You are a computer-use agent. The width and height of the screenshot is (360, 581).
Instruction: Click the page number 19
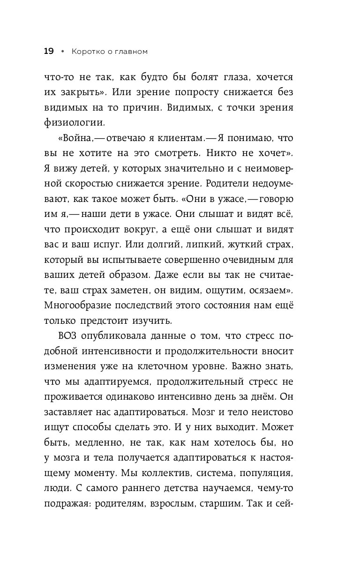click(49, 51)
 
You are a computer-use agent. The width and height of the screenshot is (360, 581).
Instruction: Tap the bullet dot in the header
click(62, 52)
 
